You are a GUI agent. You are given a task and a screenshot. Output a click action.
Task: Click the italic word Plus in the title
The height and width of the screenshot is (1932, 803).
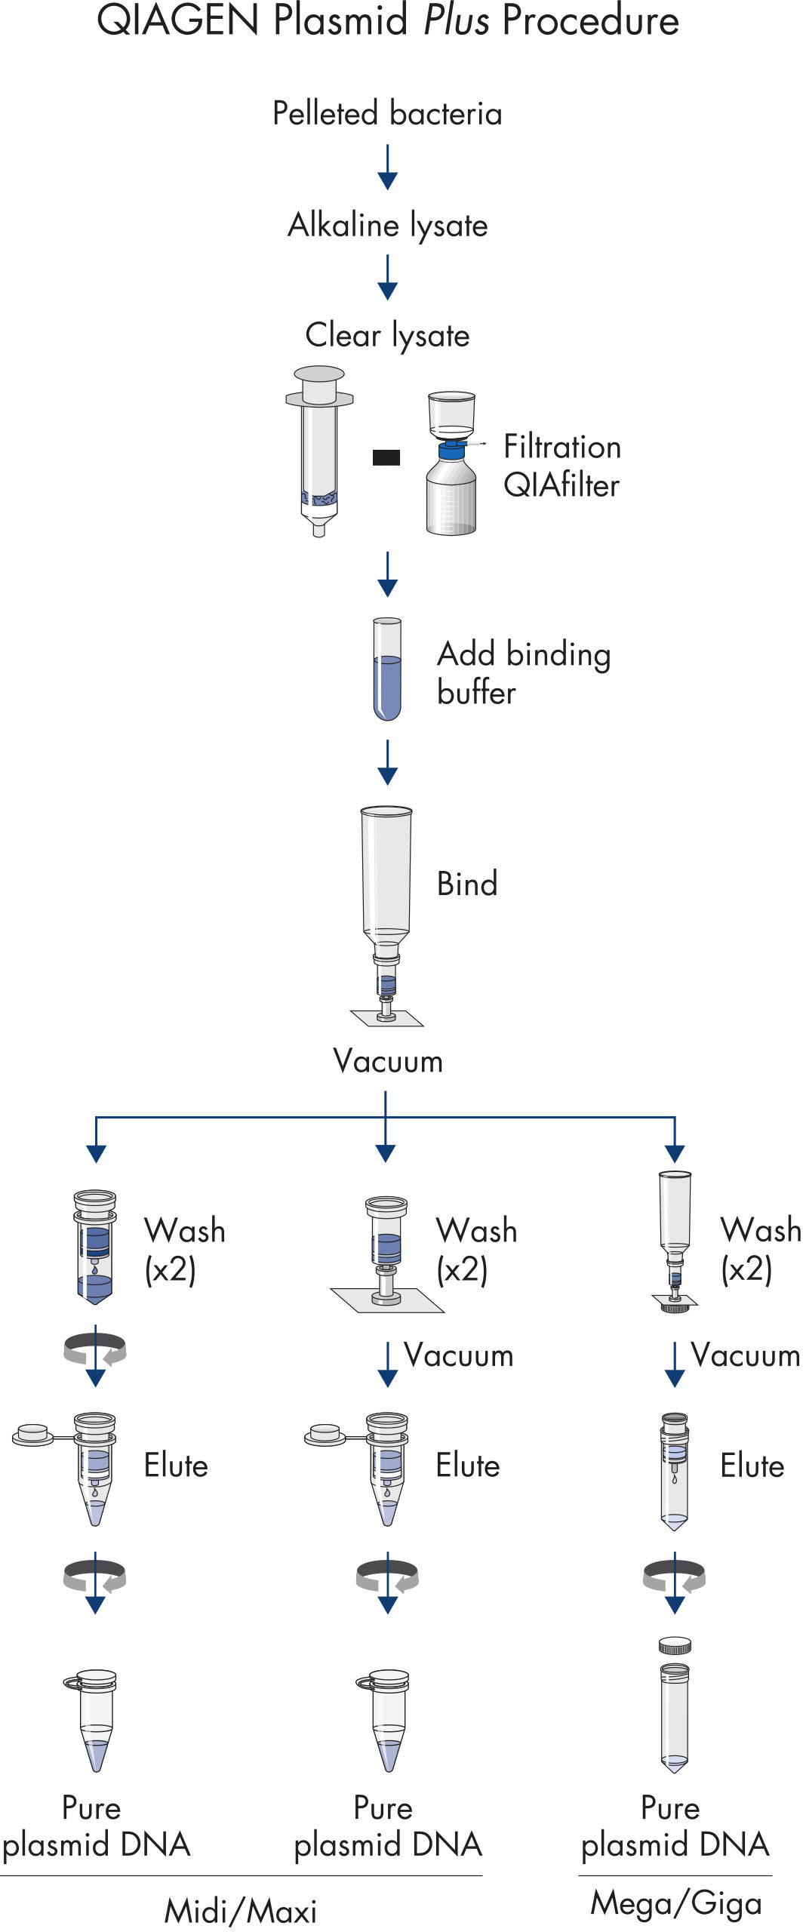[x=456, y=20]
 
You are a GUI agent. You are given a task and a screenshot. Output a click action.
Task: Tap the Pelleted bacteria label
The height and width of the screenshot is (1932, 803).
[x=387, y=114]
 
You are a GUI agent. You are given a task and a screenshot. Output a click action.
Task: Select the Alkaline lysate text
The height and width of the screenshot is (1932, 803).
[x=387, y=225]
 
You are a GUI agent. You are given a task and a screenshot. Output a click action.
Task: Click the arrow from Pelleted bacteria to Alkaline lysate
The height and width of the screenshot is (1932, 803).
[x=387, y=168]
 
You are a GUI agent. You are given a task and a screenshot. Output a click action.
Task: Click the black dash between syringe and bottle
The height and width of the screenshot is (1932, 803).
[x=386, y=457]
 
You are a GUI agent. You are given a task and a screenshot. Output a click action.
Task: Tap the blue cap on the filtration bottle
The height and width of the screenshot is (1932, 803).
[x=452, y=451]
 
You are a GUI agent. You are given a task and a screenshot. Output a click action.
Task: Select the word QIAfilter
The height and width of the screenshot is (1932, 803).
[x=561, y=485]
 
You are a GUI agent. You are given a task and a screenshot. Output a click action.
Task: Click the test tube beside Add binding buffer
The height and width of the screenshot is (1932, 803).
[x=387, y=669]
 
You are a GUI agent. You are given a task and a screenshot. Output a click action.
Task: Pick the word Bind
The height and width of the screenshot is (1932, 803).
[x=467, y=884]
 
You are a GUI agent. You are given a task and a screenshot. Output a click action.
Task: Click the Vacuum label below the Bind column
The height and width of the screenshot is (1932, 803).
[x=388, y=1062]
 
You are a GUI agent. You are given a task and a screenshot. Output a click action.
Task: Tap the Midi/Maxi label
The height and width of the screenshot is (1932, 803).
[x=241, y=1911]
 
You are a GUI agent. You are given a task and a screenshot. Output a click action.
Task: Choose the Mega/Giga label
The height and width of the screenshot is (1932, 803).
[x=675, y=1903]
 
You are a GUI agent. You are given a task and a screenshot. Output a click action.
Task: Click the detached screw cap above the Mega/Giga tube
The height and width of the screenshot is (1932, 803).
[x=675, y=1645]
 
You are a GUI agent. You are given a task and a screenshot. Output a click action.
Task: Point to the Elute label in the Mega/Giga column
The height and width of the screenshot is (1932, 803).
[x=752, y=1466]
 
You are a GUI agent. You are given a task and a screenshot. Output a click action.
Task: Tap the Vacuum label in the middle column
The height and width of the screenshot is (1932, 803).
[x=458, y=1355]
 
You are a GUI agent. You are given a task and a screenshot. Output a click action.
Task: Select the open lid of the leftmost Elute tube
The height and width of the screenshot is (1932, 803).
[x=32, y=1433]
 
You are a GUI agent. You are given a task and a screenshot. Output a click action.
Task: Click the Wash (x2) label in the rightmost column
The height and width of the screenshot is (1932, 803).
[x=760, y=1250]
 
